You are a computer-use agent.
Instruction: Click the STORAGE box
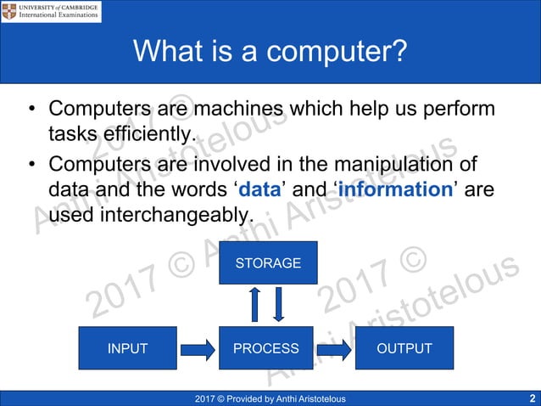click(x=268, y=262)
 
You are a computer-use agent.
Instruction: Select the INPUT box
click(x=127, y=348)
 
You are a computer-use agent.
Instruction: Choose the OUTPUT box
click(x=405, y=348)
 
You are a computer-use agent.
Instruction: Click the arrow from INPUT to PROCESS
click(x=198, y=348)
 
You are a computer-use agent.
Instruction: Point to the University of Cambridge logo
click(x=51, y=11)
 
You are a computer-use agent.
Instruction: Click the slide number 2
click(x=532, y=398)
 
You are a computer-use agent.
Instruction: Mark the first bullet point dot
click(x=31, y=110)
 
